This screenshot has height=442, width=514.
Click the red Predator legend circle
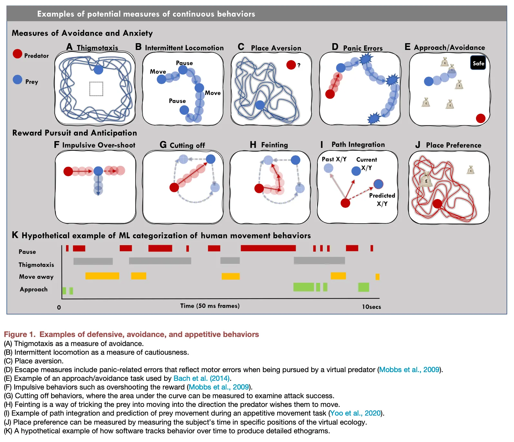17,54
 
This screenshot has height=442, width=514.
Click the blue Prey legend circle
17,79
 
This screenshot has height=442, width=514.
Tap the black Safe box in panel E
478,63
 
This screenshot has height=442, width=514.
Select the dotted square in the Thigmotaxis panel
96,89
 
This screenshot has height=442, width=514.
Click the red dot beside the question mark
291,65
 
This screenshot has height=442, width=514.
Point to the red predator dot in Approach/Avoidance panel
481,118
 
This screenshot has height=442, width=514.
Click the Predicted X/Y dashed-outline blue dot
378,184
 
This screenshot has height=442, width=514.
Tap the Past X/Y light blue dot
328,168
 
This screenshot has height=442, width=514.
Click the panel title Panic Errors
363,48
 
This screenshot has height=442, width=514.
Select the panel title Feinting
274,145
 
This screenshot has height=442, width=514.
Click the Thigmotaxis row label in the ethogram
36,265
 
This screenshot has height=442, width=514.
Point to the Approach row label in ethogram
33,289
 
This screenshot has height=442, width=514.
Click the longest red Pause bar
268,248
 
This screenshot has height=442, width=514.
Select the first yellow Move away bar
102,276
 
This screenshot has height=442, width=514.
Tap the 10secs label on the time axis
371,307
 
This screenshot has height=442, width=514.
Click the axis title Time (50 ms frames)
210,306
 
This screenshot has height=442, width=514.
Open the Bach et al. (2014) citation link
201,378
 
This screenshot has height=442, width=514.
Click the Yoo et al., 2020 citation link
355,413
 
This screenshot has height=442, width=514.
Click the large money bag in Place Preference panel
426,180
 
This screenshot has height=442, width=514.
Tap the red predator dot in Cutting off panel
174,187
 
